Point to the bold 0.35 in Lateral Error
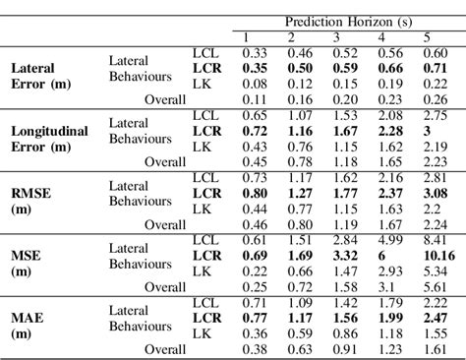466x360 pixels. point(256,69)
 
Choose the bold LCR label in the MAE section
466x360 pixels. point(206,318)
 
